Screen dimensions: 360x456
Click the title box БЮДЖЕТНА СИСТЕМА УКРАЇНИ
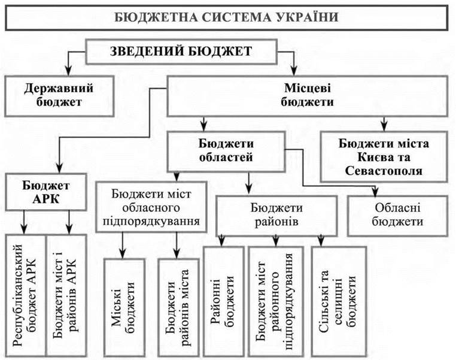[x=227, y=17]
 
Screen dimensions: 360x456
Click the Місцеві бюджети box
[x=307, y=95]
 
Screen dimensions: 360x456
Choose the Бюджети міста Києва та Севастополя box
[x=384, y=157]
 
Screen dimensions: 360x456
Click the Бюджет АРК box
[x=46, y=190]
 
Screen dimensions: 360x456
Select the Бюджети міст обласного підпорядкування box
[x=153, y=206]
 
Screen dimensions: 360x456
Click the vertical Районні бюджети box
[x=223, y=298]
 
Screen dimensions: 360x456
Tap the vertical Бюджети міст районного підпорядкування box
[x=275, y=298]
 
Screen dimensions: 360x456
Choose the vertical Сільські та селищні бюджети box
[x=335, y=298]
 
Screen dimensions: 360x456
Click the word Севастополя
[x=384, y=171]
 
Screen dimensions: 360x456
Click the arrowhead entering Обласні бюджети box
[x=375, y=192]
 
